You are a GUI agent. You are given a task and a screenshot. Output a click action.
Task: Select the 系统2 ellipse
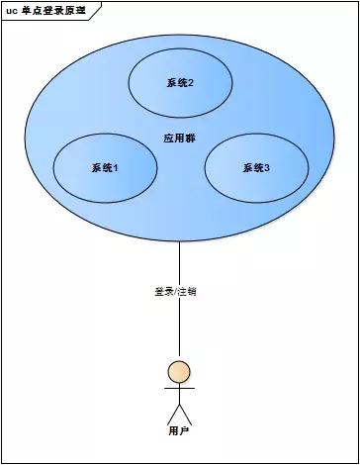pyautogui.click(x=179, y=83)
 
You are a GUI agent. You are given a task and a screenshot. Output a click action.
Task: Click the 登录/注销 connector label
pyautogui.click(x=180, y=292)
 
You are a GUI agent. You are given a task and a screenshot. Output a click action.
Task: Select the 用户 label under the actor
pyautogui.click(x=179, y=431)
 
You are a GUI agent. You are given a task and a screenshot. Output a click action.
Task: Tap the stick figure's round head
pyautogui.click(x=179, y=372)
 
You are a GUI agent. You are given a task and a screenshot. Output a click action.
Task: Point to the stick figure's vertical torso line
pyautogui.click(x=179, y=394)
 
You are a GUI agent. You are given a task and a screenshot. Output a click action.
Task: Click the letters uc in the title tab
pyautogui.click(x=11, y=9)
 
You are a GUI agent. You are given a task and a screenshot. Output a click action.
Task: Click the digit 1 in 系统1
pyautogui.click(x=117, y=167)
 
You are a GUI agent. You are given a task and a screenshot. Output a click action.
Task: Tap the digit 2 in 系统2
pyautogui.click(x=191, y=83)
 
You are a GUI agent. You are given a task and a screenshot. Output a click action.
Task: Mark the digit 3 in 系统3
pyautogui.click(x=268, y=167)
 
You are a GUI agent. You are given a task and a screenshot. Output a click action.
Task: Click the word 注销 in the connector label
pyautogui.click(x=196, y=292)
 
